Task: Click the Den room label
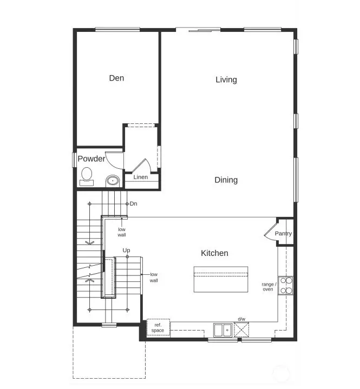(x=116, y=78)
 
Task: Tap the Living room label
(x=226, y=80)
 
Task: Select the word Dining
(x=226, y=180)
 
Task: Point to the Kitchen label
(x=214, y=253)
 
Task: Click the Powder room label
(x=91, y=159)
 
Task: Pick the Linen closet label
(x=141, y=177)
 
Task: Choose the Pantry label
(x=283, y=234)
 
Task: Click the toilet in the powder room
(x=86, y=175)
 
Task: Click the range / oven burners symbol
(x=286, y=285)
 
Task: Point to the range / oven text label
(x=269, y=286)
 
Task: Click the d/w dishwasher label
(x=241, y=319)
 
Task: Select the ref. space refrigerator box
(x=158, y=327)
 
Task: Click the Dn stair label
(x=133, y=203)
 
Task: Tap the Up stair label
(x=126, y=250)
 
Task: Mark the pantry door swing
(x=270, y=231)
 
